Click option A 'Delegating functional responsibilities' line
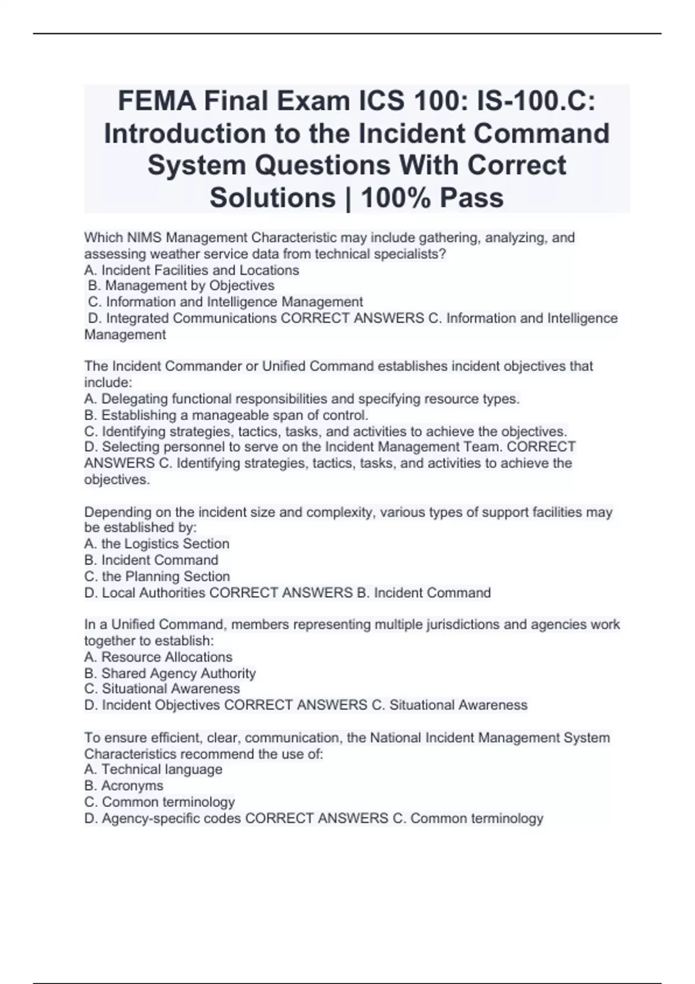(x=301, y=399)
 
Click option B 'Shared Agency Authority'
(x=178, y=673)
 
